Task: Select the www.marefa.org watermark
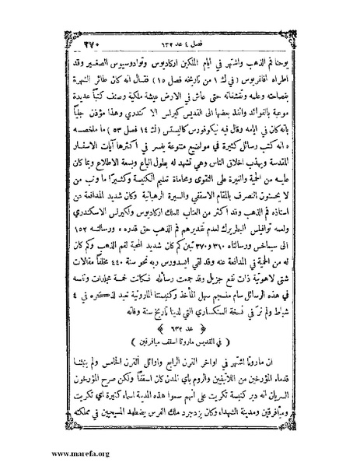tap(36, 453)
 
